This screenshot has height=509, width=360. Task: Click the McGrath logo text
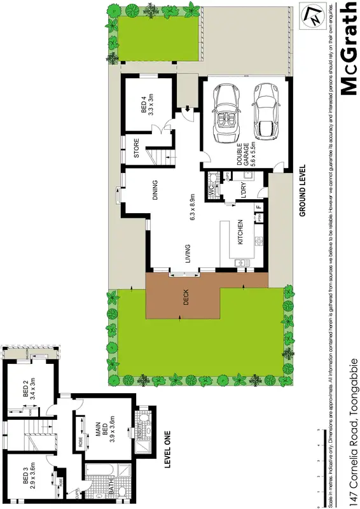(x=349, y=48)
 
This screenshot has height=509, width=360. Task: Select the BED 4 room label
(x=146, y=104)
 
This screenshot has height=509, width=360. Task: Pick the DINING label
(x=155, y=192)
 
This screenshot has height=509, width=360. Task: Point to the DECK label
(x=186, y=298)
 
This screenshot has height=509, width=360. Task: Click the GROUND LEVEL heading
(x=303, y=191)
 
